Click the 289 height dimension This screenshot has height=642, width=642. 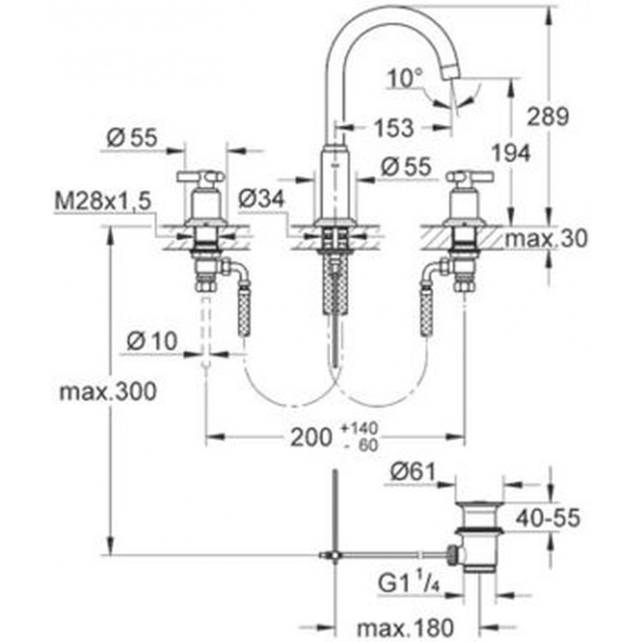tap(548, 117)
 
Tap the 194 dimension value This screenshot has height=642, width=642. tap(510, 153)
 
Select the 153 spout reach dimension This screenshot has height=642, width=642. tap(394, 128)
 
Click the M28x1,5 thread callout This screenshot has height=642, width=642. tap(103, 202)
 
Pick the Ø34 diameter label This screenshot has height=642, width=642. tap(261, 199)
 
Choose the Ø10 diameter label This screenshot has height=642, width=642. tap(152, 341)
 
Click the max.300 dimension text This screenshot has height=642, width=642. tap(108, 392)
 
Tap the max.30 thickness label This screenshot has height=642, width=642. tap(546, 238)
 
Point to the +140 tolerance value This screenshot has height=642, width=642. tap(359, 428)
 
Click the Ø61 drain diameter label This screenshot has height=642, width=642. tap(413, 473)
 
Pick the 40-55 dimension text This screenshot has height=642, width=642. tap(548, 517)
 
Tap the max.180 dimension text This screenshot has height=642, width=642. tap(405, 627)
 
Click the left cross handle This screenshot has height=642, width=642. tap(200, 177)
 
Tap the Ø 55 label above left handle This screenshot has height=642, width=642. tap(132, 138)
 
